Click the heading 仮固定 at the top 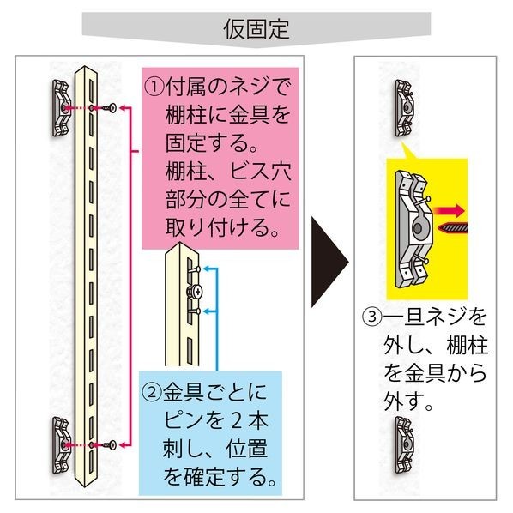click(x=256, y=29)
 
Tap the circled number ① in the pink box click(x=154, y=88)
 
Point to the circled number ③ click(x=372, y=317)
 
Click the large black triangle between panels click(x=329, y=262)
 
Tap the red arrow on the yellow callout click(x=449, y=211)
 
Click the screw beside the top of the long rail click(x=108, y=107)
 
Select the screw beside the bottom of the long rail click(x=108, y=444)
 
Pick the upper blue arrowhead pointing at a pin click(x=207, y=269)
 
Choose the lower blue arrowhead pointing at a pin click(x=207, y=311)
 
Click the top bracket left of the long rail click(x=61, y=108)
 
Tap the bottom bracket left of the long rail click(x=62, y=445)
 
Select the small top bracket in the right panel click(x=403, y=108)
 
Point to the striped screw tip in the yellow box click(x=452, y=227)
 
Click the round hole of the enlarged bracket click(x=417, y=228)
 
